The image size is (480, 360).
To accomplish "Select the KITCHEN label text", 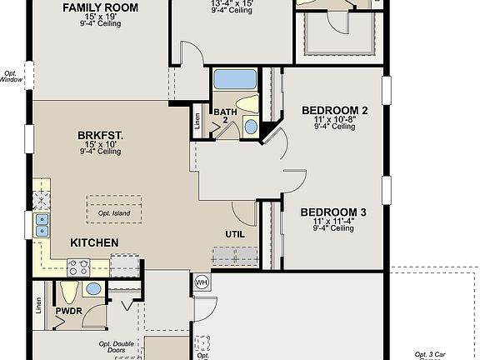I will click(93, 242).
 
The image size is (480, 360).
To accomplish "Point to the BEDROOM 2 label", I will click(334, 110).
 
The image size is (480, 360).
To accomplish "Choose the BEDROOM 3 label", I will click(333, 212).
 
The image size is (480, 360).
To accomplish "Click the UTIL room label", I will click(235, 234).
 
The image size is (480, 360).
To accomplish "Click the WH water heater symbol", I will click(201, 282).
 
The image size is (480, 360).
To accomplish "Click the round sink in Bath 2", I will click(251, 127).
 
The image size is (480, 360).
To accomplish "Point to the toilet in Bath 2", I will click(253, 105).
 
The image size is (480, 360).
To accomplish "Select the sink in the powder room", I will click(92, 289).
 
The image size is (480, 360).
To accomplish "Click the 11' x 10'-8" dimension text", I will click(333, 119).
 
